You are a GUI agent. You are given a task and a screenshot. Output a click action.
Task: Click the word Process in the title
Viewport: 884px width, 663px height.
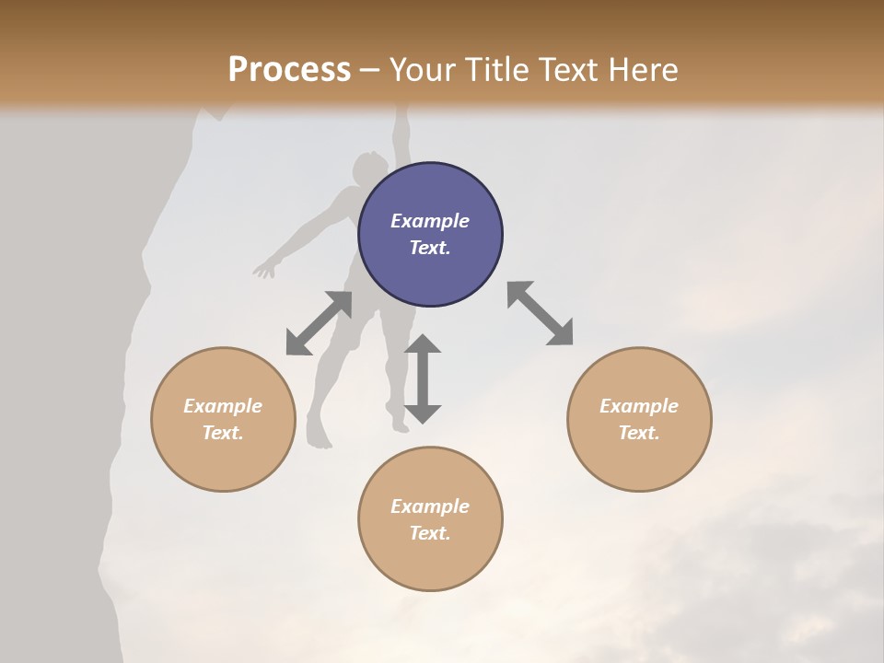click(x=289, y=70)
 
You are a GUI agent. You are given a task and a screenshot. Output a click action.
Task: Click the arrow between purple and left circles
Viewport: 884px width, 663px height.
click(x=319, y=323)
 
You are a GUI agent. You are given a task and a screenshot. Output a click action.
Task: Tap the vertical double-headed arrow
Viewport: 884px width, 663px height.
click(x=423, y=378)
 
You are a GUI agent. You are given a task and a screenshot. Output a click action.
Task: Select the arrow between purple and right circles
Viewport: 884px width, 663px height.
click(x=540, y=313)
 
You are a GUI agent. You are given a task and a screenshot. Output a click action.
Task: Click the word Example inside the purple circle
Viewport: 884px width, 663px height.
click(x=430, y=221)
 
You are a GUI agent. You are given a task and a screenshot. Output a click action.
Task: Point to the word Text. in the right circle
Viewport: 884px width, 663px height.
click(x=638, y=433)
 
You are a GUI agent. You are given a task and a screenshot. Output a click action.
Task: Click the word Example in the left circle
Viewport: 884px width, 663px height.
click(x=223, y=406)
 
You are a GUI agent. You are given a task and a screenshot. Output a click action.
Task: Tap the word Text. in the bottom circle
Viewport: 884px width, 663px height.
click(x=430, y=533)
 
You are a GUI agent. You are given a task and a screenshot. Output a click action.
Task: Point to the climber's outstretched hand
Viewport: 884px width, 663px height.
click(x=265, y=269)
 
